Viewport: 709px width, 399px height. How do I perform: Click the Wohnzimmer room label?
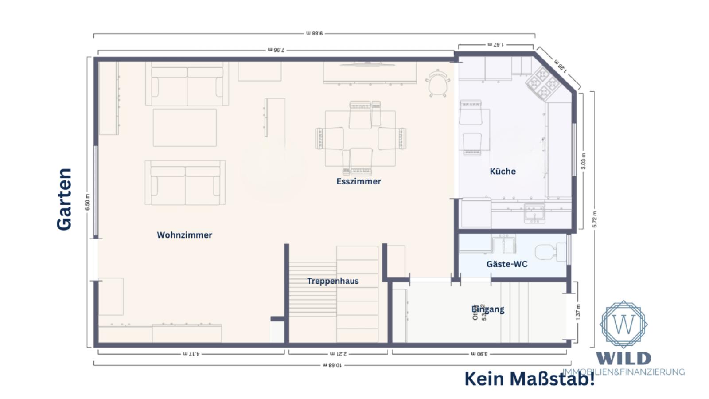[x=184, y=235]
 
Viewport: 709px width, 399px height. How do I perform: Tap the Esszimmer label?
[x=358, y=181]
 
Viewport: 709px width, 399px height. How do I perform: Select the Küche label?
[x=503, y=171]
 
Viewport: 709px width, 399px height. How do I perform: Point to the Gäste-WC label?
[x=507, y=264]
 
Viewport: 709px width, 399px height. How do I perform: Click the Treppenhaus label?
[x=332, y=281]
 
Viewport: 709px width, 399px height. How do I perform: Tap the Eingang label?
[x=488, y=309]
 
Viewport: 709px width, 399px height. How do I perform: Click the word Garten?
[x=64, y=199]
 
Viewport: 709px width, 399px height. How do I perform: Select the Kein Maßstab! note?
[x=529, y=379]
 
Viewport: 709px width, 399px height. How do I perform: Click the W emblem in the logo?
[x=623, y=324]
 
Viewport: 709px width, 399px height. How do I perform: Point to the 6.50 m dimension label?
[x=88, y=202]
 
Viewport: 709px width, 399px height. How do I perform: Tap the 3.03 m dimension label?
[x=583, y=161]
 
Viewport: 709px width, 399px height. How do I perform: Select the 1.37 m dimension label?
[x=578, y=312]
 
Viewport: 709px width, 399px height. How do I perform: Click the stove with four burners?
[x=544, y=82]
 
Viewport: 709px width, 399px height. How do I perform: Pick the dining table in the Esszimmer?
[x=360, y=138]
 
